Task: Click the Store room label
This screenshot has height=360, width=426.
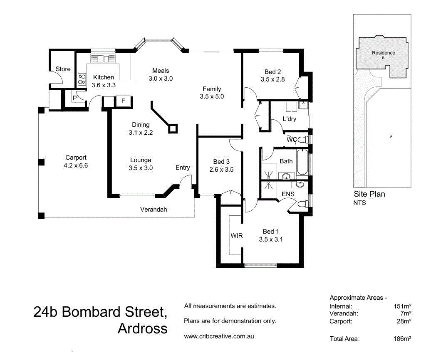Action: pyautogui.click(x=63, y=69)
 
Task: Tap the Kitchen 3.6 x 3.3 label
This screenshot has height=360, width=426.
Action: pyautogui.click(x=103, y=81)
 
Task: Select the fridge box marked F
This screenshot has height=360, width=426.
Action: pyautogui.click(x=123, y=101)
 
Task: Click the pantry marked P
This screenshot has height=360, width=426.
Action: pyautogui.click(x=74, y=98)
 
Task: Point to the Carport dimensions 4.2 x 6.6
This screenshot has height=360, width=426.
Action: pyautogui.click(x=76, y=165)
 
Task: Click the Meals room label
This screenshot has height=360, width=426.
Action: pyautogui.click(x=161, y=71)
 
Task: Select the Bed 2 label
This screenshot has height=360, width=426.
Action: pyautogui.click(x=272, y=71)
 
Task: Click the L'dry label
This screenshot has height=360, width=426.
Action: pyautogui.click(x=289, y=119)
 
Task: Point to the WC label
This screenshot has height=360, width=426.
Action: pyautogui.click(x=292, y=140)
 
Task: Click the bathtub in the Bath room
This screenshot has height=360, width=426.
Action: pyautogui.click(x=302, y=162)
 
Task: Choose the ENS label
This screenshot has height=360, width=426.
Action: pyautogui.click(x=288, y=194)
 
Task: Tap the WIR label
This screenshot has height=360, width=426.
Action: pyautogui.click(x=237, y=235)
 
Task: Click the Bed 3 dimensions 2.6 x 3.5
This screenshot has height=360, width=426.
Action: pyautogui.click(x=221, y=169)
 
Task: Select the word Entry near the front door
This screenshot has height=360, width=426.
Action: pyautogui.click(x=183, y=168)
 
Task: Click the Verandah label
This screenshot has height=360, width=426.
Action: pyautogui.click(x=153, y=210)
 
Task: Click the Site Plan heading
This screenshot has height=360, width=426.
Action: pyautogui.click(x=369, y=194)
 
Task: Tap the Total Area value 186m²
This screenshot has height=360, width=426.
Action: pyautogui.click(x=402, y=339)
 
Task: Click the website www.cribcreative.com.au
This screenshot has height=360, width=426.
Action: pyautogui.click(x=219, y=336)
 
